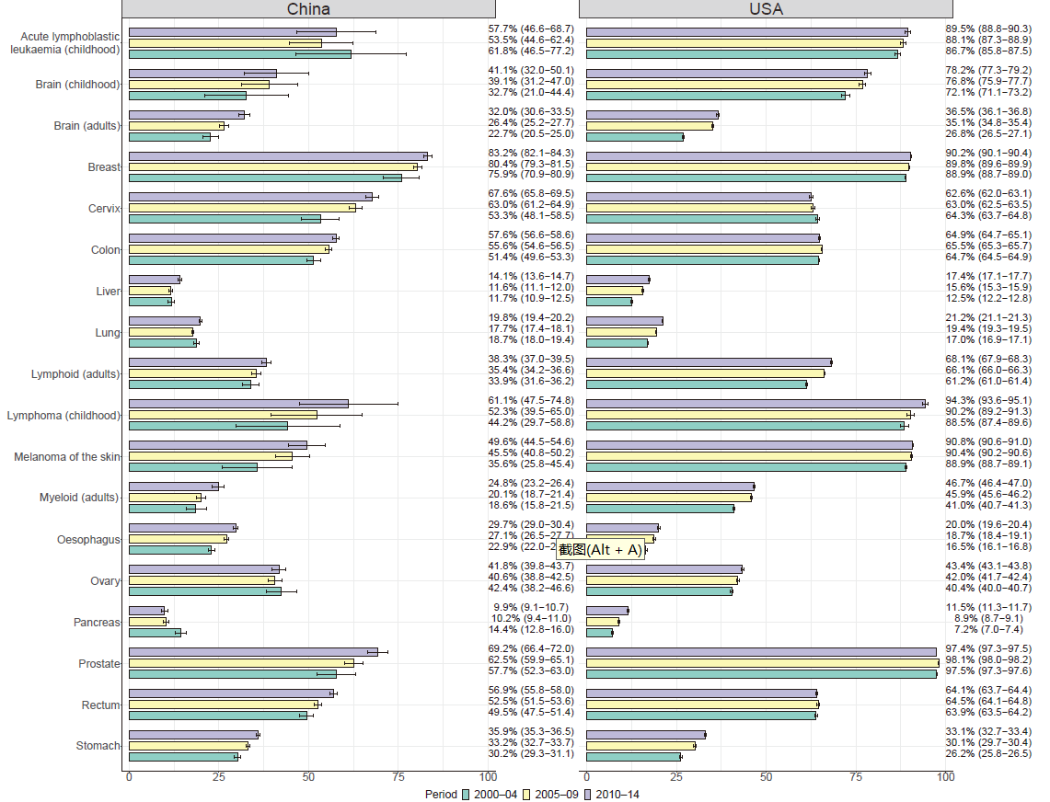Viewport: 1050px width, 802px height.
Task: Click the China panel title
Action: point(308,9)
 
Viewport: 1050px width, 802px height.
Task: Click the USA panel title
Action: point(765,9)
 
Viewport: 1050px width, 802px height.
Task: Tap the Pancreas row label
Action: point(97,623)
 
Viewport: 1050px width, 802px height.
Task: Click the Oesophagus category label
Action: point(88,540)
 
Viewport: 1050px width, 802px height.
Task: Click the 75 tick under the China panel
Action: point(398,777)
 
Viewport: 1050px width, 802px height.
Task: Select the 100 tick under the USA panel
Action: point(945,777)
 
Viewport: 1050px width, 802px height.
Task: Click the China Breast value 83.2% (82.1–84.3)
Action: point(531,153)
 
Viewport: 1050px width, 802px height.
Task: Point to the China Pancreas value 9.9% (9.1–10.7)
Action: point(531,607)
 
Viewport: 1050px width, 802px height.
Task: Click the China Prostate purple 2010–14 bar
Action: point(253,652)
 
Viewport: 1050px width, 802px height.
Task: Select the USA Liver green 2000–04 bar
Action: point(609,302)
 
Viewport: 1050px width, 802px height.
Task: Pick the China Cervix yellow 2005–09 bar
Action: point(242,208)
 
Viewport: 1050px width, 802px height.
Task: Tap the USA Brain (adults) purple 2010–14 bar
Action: point(652,115)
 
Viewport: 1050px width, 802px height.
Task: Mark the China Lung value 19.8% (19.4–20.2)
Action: point(531,317)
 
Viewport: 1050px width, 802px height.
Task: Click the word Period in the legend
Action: point(441,794)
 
